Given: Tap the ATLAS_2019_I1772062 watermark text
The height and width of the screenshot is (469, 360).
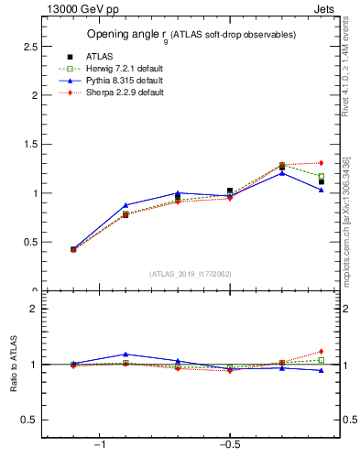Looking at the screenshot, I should [191, 274].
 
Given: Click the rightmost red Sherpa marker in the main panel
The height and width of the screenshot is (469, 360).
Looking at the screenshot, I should [322, 163].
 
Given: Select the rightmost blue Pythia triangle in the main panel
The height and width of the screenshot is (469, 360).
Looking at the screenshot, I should [322, 190].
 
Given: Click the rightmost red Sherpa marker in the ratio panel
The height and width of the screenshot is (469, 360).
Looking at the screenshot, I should [322, 351].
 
